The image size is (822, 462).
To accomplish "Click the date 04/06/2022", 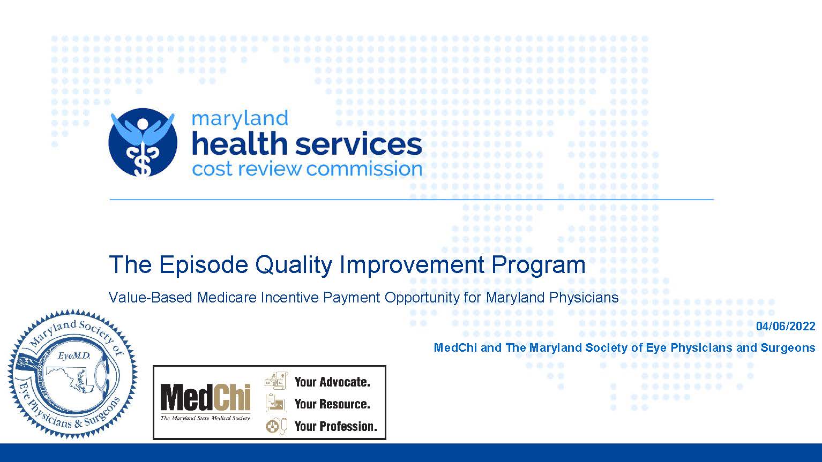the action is coord(786,327).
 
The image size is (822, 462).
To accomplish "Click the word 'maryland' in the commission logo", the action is coord(240,119).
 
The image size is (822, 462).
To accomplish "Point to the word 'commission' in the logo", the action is coord(364,169).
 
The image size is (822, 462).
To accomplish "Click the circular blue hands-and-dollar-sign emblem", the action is coord(143,142).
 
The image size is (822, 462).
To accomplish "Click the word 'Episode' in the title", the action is coord(204,265).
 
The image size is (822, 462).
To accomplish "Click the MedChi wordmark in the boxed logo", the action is coord(206,398).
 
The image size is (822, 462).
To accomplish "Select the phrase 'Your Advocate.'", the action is coord(332,382).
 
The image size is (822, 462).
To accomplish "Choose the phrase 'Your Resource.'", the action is coord(332,404).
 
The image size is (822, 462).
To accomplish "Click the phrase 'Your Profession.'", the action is coord(336,427).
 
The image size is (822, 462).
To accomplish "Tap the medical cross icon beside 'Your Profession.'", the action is coord(272,427).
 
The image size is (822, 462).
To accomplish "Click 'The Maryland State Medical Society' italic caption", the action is coord(205,418).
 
